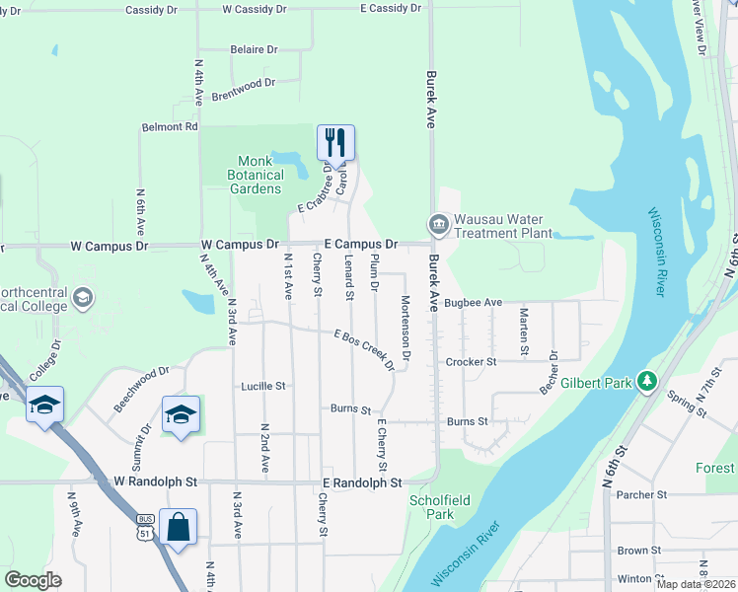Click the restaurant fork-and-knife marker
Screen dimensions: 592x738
335,143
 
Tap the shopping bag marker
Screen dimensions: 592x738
178,527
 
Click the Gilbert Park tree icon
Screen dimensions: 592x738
647,380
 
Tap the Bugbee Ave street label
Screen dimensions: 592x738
474,303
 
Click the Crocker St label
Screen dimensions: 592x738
471,362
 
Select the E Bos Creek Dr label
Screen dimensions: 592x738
364,350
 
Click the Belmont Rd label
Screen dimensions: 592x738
170,127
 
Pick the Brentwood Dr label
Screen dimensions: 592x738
243,85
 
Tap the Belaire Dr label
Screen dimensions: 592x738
254,48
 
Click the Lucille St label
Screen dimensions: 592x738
262,387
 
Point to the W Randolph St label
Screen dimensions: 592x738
156,482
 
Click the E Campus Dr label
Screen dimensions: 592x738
361,243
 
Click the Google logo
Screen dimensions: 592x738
34,580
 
